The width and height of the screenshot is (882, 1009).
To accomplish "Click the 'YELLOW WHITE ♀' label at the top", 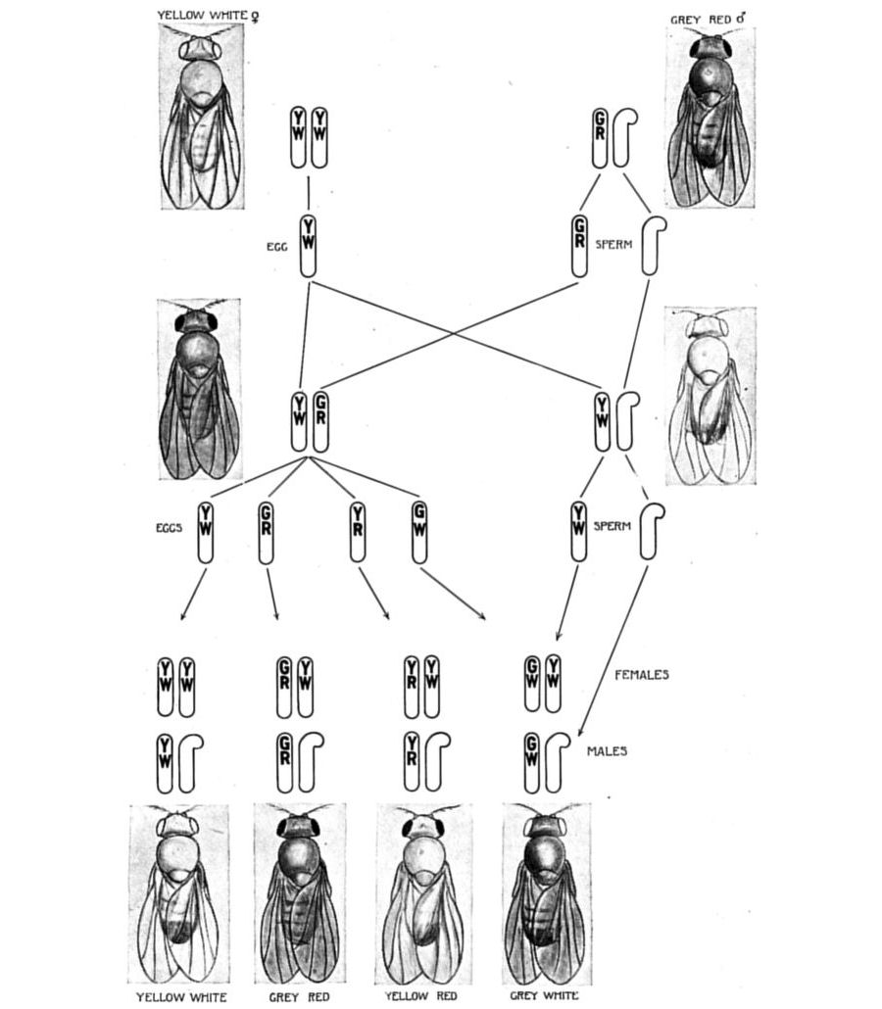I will click(215, 15).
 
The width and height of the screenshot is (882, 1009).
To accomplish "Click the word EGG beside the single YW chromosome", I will click(276, 247).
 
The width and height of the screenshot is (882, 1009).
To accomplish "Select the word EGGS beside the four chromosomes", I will click(169, 527).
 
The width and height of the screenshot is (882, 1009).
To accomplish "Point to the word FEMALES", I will click(641, 675).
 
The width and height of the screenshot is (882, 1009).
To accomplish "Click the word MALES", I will click(607, 752).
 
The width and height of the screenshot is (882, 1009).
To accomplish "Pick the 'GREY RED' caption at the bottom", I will click(299, 997).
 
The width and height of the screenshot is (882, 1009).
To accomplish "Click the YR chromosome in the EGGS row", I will click(358, 532).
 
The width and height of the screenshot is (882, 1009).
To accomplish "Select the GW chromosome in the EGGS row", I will click(419, 532).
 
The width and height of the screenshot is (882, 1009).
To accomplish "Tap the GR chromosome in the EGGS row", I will click(267, 532).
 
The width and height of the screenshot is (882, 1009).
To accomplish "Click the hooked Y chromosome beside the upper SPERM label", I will click(653, 245).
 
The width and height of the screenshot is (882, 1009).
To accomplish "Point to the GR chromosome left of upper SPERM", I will click(580, 245).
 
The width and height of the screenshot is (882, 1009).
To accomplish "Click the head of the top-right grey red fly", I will click(709, 47).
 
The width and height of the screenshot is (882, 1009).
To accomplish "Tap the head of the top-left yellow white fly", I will click(202, 47).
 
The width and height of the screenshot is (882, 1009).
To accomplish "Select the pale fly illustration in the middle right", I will click(710, 396).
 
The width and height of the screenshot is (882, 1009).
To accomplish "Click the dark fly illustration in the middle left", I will click(199, 390).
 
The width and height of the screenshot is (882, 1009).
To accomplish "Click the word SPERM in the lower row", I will click(613, 527).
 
